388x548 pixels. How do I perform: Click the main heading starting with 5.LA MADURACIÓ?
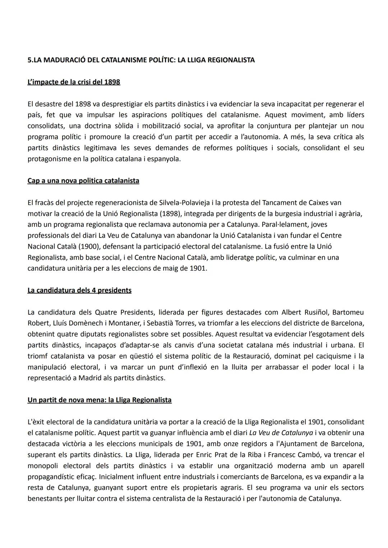click(x=141, y=60)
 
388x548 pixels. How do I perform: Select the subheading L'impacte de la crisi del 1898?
click(x=74, y=82)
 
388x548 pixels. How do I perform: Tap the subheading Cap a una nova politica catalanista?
click(x=83, y=181)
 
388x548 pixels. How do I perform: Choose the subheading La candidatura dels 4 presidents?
click(x=79, y=290)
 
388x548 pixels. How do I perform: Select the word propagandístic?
click(x=52, y=476)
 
